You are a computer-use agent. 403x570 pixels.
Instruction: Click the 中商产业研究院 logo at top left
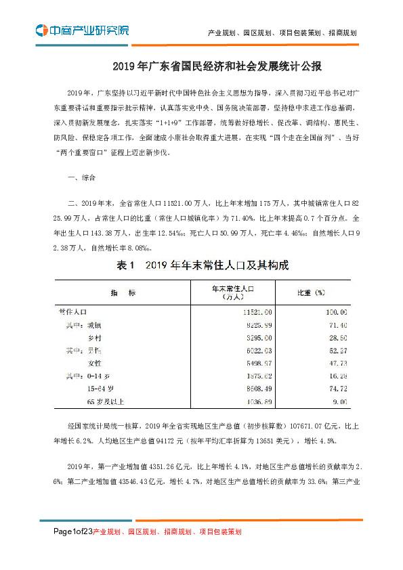(x=81, y=30)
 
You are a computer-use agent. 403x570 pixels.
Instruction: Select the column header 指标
(x=118, y=292)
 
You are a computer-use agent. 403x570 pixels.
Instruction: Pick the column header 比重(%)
(x=312, y=292)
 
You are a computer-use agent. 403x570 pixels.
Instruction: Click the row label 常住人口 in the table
(x=72, y=312)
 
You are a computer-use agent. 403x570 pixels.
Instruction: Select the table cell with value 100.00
(x=335, y=312)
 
